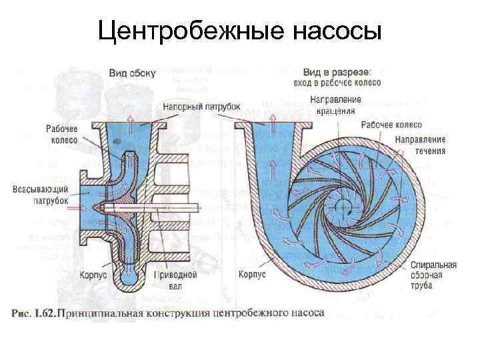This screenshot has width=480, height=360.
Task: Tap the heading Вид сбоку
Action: (x=131, y=74)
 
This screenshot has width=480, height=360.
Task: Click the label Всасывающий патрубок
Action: (x=41, y=195)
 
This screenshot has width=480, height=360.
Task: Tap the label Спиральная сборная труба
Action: (x=433, y=275)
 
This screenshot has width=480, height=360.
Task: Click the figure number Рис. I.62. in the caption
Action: (x=35, y=311)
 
